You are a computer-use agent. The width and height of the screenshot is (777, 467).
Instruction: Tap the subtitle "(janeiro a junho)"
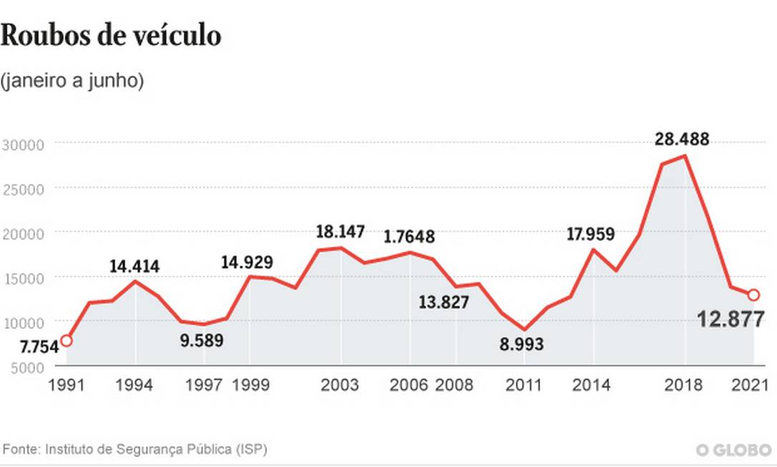pyautogui.click(x=72, y=81)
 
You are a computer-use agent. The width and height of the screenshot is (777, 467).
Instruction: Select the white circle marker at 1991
pyautogui.click(x=66, y=340)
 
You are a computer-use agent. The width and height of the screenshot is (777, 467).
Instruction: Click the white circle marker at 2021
pyautogui.click(x=753, y=294)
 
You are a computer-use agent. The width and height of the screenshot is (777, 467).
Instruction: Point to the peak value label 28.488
pyautogui.click(x=682, y=139)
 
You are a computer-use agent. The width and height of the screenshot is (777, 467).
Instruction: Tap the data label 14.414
pyautogui.click(x=135, y=266)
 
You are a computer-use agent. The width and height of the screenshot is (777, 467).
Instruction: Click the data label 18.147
pyautogui.click(x=341, y=231)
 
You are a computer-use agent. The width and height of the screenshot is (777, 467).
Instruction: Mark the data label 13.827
pyautogui.click(x=444, y=302)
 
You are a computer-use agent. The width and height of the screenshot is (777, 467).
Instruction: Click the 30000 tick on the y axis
pyautogui.click(x=24, y=144)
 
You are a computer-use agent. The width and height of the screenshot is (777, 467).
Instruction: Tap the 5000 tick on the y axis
pyautogui.click(x=27, y=367)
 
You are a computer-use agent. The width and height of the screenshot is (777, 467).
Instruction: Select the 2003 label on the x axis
pyautogui.click(x=340, y=385)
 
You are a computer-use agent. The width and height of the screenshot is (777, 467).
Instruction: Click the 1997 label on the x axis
pyautogui.click(x=204, y=385)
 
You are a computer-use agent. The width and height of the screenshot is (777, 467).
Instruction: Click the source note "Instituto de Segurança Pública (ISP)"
pyautogui.click(x=157, y=450)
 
